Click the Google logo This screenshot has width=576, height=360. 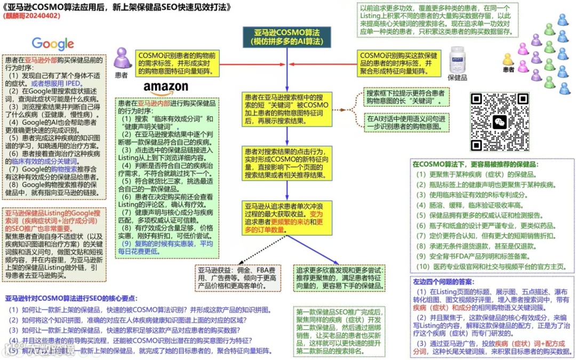pos(52,44)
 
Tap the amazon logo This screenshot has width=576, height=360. pos(166,87)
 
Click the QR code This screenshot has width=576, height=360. pos(500,122)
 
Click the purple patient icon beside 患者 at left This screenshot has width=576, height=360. pos(122,58)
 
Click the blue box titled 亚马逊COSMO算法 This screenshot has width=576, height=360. pos(286,37)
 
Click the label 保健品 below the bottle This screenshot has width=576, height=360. pos(457,77)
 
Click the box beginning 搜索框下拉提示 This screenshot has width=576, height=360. pos(405,97)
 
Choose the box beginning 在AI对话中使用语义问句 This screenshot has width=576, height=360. pos(405,122)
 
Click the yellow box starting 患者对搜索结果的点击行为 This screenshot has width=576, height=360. pos(286,163)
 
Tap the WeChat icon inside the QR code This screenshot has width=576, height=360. pos(500,122)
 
